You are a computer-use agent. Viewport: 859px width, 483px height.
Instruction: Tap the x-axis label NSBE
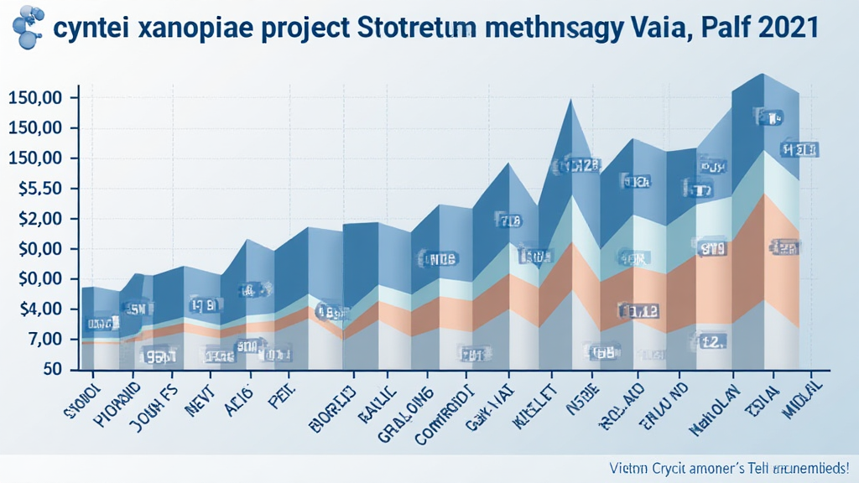point(584,394)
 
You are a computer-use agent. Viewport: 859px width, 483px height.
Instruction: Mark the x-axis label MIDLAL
point(802,398)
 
